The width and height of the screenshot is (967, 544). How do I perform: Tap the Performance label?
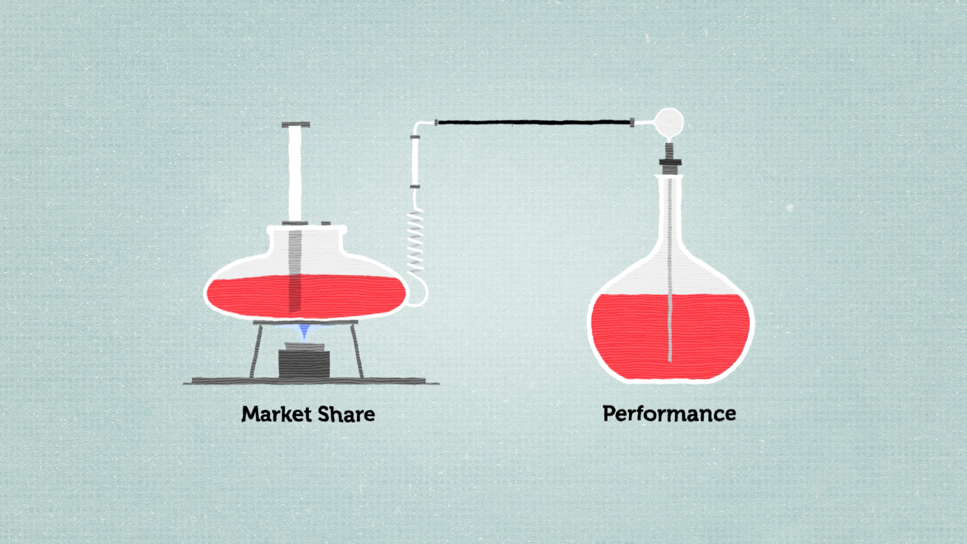669,414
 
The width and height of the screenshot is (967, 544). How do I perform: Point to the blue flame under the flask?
304,331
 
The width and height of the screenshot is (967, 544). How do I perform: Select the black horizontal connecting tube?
534,122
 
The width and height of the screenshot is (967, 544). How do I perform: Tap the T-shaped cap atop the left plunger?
296,124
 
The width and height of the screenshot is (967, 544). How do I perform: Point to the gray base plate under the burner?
311,381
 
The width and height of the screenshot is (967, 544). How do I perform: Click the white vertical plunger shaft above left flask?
295,174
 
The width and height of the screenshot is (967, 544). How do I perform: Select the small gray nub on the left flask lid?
326,223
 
